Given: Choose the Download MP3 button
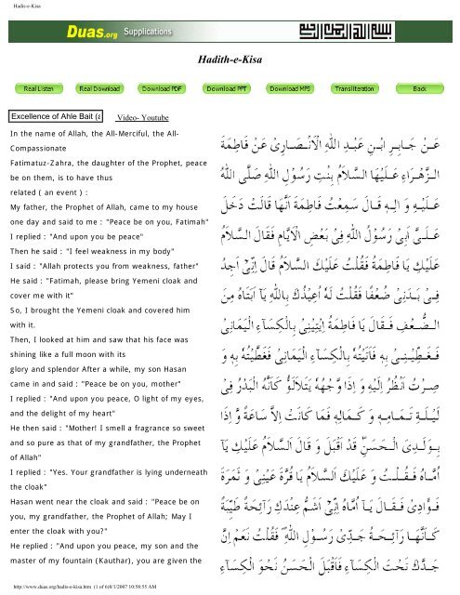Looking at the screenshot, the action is pyautogui.click(x=289, y=88).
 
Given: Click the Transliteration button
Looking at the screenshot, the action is pyautogui.click(x=352, y=88).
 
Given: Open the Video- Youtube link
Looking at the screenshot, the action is pyautogui.click(x=142, y=120).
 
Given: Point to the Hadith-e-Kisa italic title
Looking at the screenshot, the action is pyautogui.click(x=230, y=59).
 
